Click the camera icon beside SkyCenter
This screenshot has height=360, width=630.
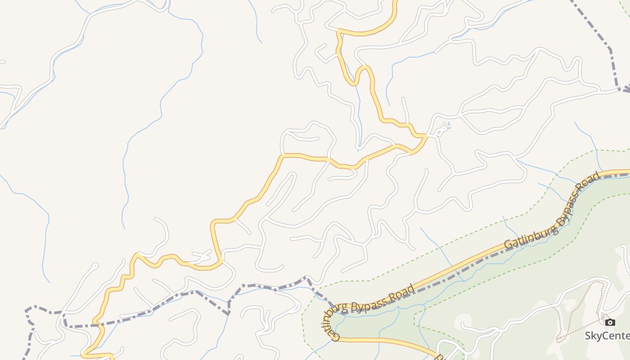(x=610, y=322)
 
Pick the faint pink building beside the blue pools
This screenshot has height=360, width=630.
(x=445, y=124)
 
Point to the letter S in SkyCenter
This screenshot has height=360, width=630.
(x=588, y=336)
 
